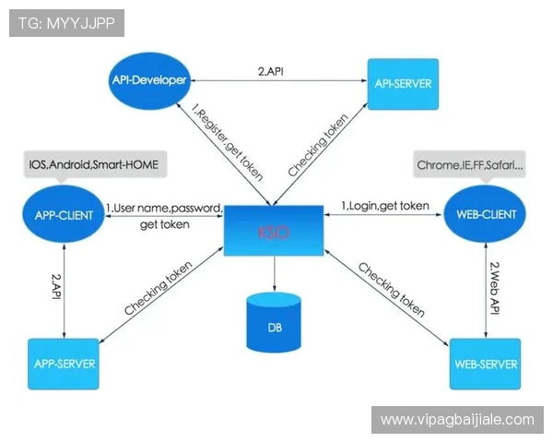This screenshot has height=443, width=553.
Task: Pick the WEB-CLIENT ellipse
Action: [x=486, y=215]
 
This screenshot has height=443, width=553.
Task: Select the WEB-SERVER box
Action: [x=485, y=364]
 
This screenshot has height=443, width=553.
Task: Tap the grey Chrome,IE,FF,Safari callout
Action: [x=471, y=165]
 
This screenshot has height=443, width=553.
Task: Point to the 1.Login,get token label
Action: [x=385, y=206]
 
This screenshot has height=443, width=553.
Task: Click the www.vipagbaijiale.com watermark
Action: [x=457, y=420]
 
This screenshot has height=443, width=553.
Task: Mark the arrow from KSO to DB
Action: [x=274, y=273]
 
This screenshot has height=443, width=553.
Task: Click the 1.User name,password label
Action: [x=165, y=208]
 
